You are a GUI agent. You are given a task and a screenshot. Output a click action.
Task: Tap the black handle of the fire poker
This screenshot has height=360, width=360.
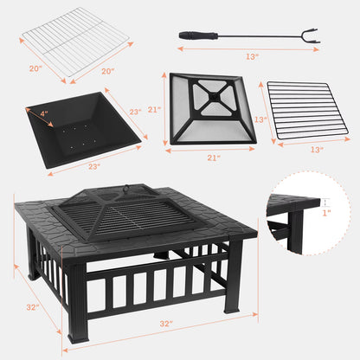pyautogui.click(x=192, y=35)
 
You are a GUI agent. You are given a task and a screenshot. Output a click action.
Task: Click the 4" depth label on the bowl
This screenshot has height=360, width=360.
pyautogui.click(x=44, y=112)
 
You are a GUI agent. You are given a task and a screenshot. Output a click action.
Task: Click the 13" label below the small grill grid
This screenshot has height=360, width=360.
pyautogui.click(x=317, y=149)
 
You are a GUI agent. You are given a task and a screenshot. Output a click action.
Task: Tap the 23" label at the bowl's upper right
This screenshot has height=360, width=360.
pyautogui.click(x=135, y=111)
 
